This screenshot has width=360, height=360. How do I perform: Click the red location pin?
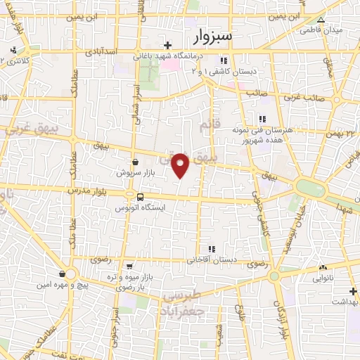181,165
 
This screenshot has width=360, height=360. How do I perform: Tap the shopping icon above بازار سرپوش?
135,162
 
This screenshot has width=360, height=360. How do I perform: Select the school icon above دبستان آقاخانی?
211,248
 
